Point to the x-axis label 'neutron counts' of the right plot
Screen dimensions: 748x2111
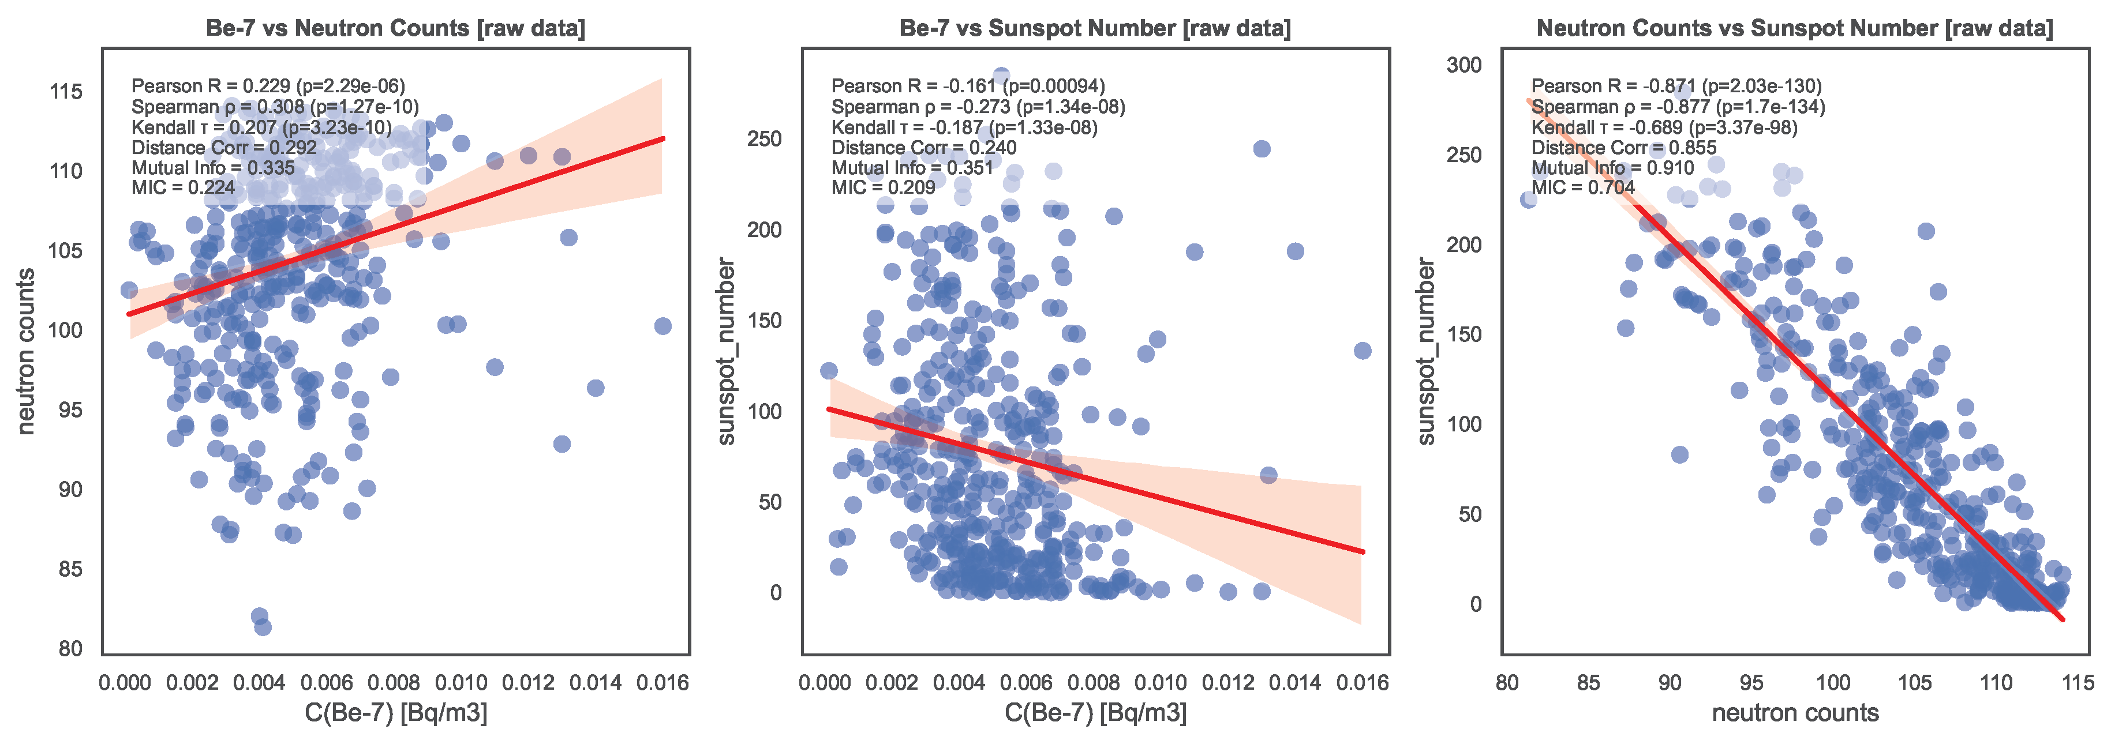pos(1795,713)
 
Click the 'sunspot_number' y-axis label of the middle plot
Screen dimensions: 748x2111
pos(726,351)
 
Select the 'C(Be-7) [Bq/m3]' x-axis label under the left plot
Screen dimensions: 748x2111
pos(395,713)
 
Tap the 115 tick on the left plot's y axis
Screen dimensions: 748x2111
pos(66,92)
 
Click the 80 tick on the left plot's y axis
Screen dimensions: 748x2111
pos(70,649)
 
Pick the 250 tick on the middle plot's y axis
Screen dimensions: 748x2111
pos(763,140)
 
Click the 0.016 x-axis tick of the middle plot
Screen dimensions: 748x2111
pos(1362,682)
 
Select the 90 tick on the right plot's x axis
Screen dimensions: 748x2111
pos(1670,682)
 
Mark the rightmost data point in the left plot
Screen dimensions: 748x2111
pos(663,326)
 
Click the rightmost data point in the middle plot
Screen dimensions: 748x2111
pos(1362,351)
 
